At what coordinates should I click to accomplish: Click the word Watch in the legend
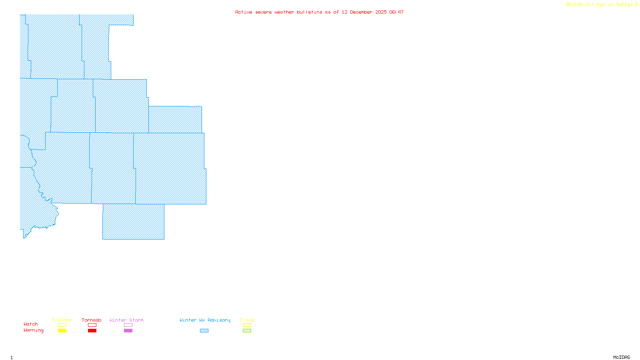click(31, 324)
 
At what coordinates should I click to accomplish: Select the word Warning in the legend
click(33, 330)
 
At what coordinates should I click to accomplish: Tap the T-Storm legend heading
click(62, 320)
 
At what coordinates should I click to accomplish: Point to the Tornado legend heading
click(92, 320)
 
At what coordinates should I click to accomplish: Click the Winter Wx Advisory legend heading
click(205, 320)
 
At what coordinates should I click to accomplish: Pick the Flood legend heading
click(247, 320)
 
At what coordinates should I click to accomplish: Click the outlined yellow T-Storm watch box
click(62, 325)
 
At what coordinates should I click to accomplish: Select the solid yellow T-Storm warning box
click(62, 331)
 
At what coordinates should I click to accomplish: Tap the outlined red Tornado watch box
click(92, 325)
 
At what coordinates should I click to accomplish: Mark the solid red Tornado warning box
click(92, 331)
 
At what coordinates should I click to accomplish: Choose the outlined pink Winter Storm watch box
click(128, 325)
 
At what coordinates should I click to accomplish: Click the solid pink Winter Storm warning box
click(128, 331)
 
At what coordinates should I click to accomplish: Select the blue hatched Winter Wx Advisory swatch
click(204, 331)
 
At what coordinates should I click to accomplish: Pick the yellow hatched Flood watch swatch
click(247, 325)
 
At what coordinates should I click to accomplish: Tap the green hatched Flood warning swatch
click(247, 331)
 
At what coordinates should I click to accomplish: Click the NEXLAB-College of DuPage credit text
click(600, 5)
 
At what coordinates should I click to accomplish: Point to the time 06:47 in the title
click(396, 12)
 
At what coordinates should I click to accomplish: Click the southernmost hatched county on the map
click(133, 222)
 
